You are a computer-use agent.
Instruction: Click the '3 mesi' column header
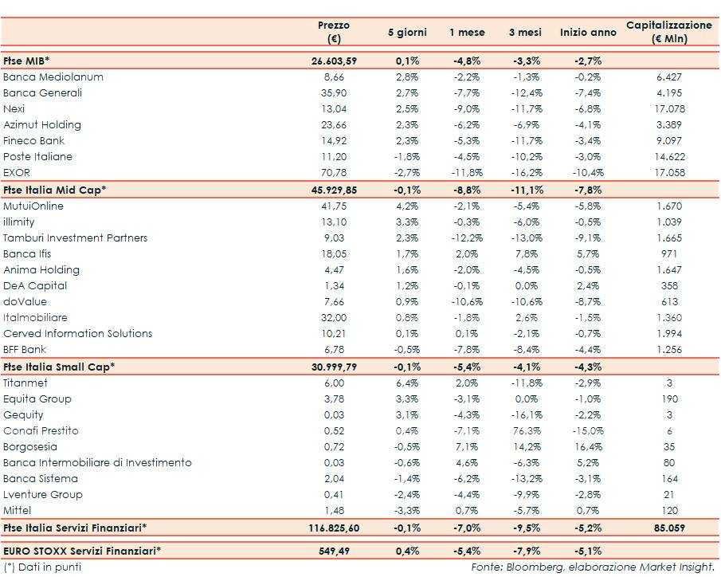pos(525,33)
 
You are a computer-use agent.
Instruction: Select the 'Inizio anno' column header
pos(588,33)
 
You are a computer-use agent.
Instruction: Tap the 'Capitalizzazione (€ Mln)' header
pos(669,32)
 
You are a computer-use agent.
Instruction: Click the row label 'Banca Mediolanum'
pos(53,77)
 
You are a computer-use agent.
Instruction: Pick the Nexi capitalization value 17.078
pos(669,109)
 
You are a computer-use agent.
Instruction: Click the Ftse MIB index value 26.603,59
pos(333,61)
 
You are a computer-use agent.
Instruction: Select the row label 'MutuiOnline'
pos(33,206)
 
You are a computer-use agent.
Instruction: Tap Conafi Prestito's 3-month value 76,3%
pos(525,431)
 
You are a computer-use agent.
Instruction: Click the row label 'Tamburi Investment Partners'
pos(76,238)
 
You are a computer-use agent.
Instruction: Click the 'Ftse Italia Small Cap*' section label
pos(60,367)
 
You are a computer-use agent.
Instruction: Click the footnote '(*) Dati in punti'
pos(41,567)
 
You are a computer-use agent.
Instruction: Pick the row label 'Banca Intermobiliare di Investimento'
pos(97,463)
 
